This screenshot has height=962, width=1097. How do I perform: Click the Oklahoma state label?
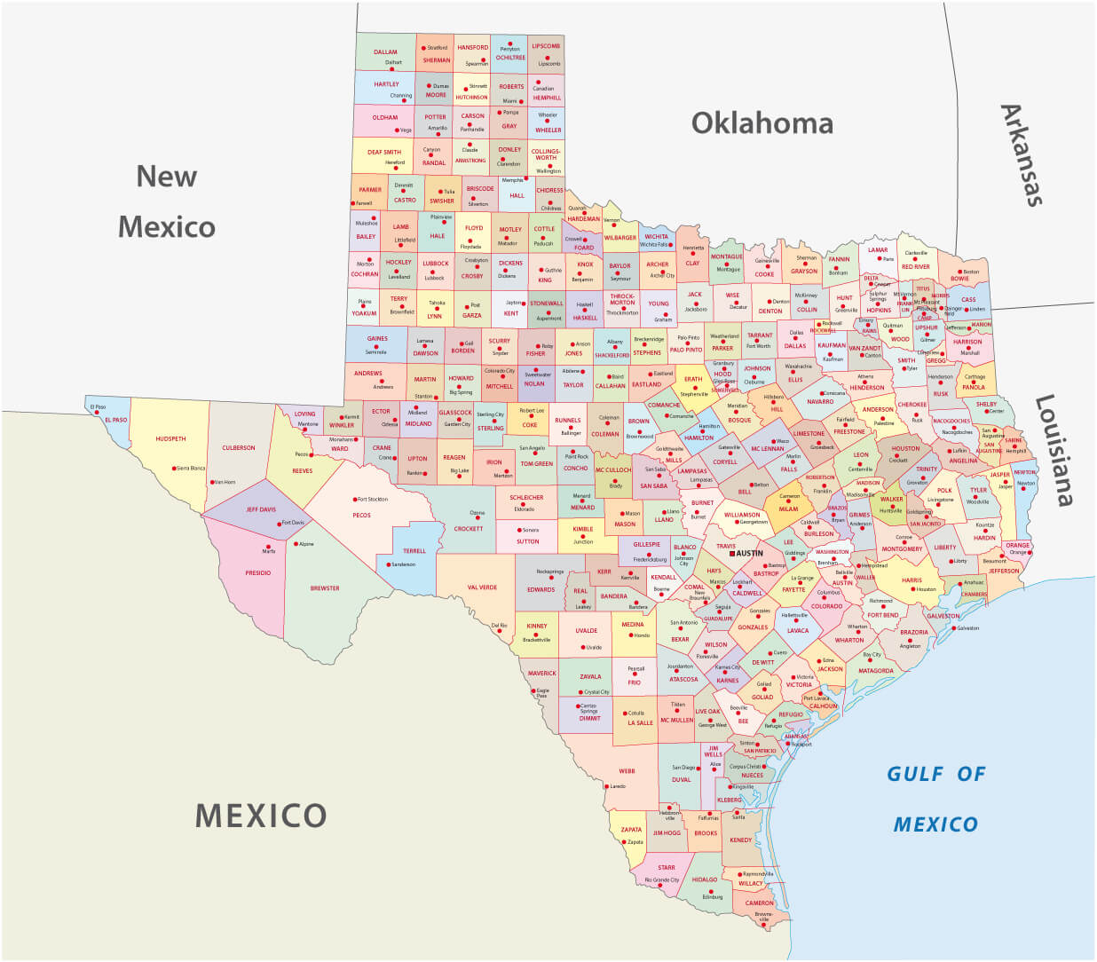[762, 122]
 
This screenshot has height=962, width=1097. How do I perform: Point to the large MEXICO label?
[261, 815]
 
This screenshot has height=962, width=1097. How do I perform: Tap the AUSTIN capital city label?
[749, 553]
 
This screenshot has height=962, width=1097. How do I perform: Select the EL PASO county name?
[115, 420]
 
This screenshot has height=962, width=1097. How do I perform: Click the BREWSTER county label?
[325, 588]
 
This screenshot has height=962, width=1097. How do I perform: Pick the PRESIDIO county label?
[258, 573]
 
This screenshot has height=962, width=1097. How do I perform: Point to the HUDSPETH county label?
[170, 439]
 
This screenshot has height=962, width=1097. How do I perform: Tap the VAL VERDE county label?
[482, 587]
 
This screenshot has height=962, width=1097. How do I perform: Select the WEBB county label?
[627, 771]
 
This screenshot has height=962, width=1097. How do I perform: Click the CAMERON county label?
[759, 903]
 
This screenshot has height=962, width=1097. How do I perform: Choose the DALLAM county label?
[385, 52]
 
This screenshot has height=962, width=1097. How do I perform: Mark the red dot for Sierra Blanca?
[174, 468]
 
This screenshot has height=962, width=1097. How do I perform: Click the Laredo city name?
[619, 786]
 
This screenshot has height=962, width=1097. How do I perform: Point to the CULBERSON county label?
[239, 448]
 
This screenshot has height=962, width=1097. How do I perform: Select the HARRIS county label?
[912, 580]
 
